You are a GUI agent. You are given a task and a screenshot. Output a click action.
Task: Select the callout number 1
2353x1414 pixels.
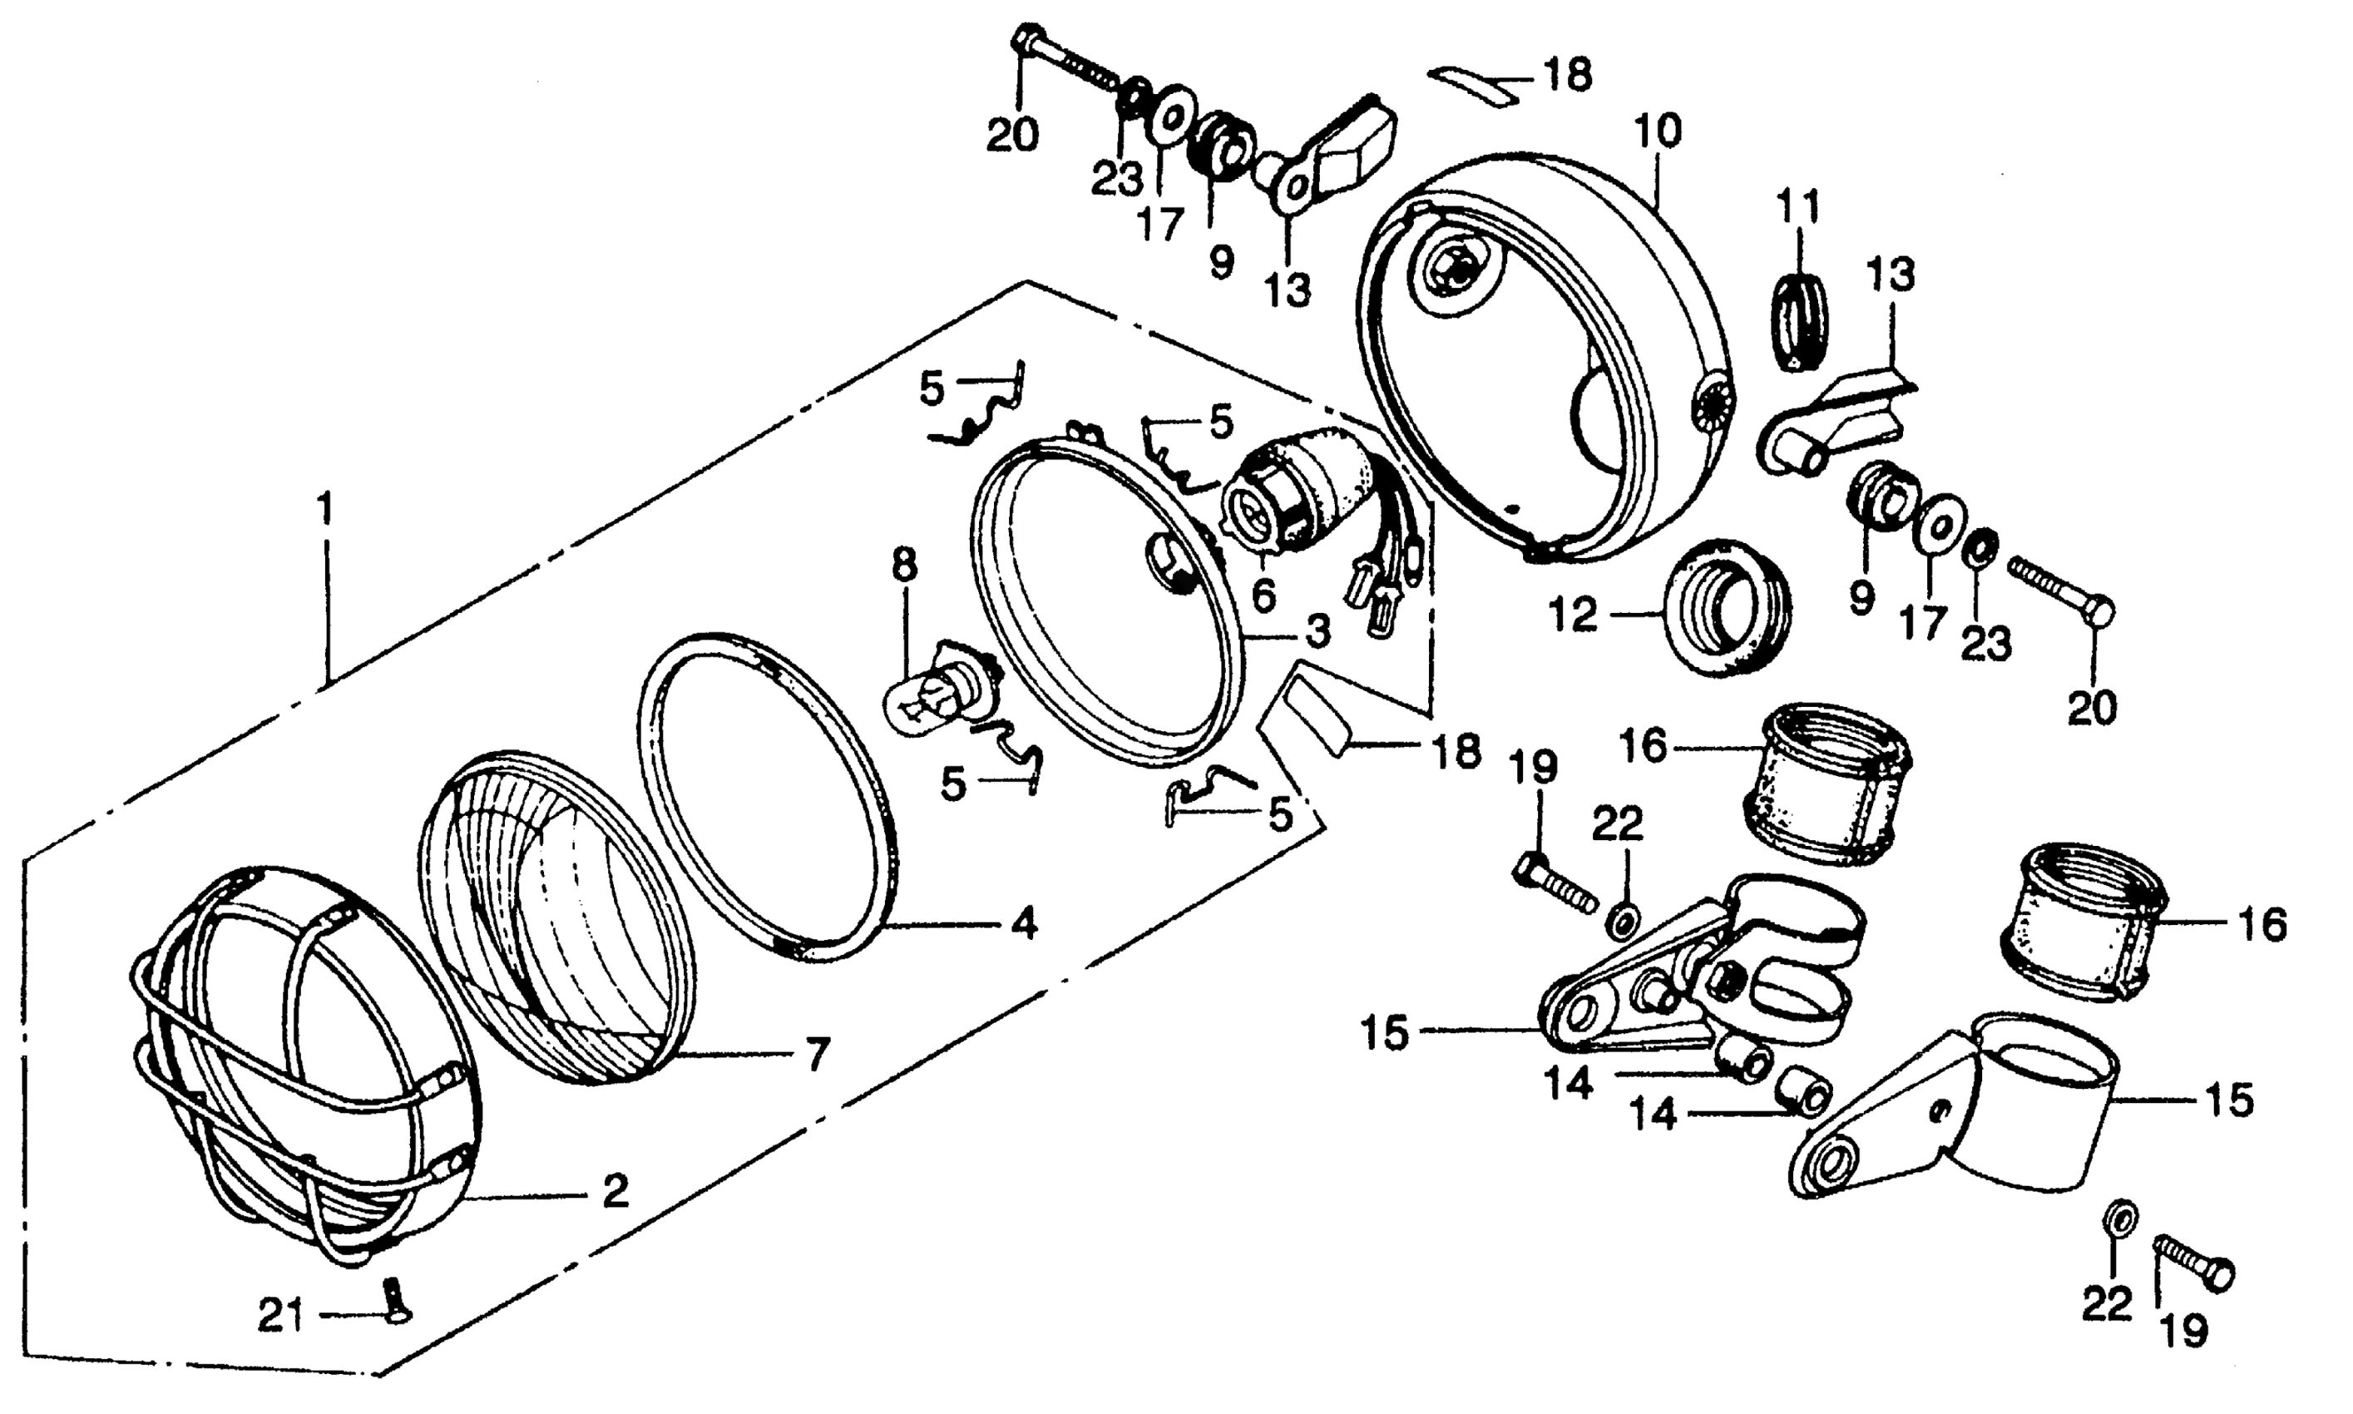click(x=326, y=511)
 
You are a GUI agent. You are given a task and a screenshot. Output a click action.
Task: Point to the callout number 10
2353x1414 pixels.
click(x=1658, y=131)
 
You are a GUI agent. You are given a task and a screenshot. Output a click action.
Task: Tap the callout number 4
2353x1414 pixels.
click(x=1023, y=923)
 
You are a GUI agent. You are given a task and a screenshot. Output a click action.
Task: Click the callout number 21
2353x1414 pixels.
click(x=281, y=1317)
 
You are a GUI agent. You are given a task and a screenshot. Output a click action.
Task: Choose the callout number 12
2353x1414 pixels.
click(x=1573, y=616)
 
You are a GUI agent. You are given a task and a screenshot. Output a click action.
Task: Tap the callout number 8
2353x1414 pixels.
click(x=904, y=565)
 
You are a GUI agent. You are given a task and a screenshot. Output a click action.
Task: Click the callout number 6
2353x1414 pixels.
click(x=1263, y=597)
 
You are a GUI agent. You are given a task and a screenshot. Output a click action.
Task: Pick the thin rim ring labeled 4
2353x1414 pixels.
click(x=767, y=796)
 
